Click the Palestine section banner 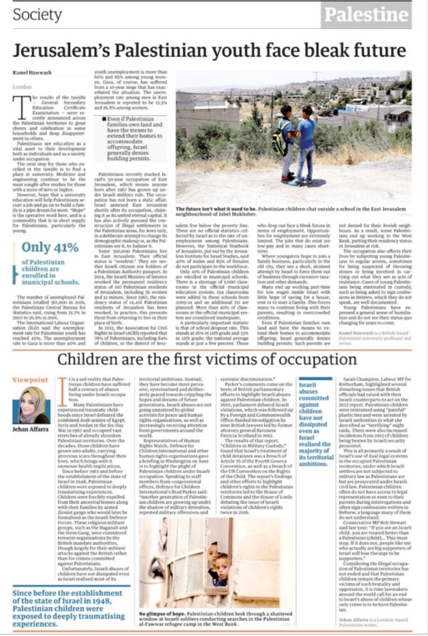(367, 15)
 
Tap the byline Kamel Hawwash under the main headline (31, 73)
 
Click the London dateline (22, 87)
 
